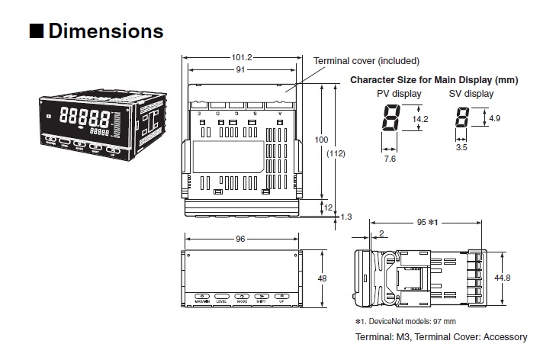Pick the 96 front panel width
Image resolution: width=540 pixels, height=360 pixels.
(x=240, y=239)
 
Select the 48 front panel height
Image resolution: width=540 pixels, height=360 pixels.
(x=322, y=279)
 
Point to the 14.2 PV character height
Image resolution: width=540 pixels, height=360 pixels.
(x=420, y=120)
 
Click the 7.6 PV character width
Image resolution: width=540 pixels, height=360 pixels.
(x=389, y=159)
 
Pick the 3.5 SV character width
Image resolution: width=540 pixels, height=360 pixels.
(x=461, y=147)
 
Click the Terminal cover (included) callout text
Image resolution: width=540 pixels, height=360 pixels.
(x=366, y=61)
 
